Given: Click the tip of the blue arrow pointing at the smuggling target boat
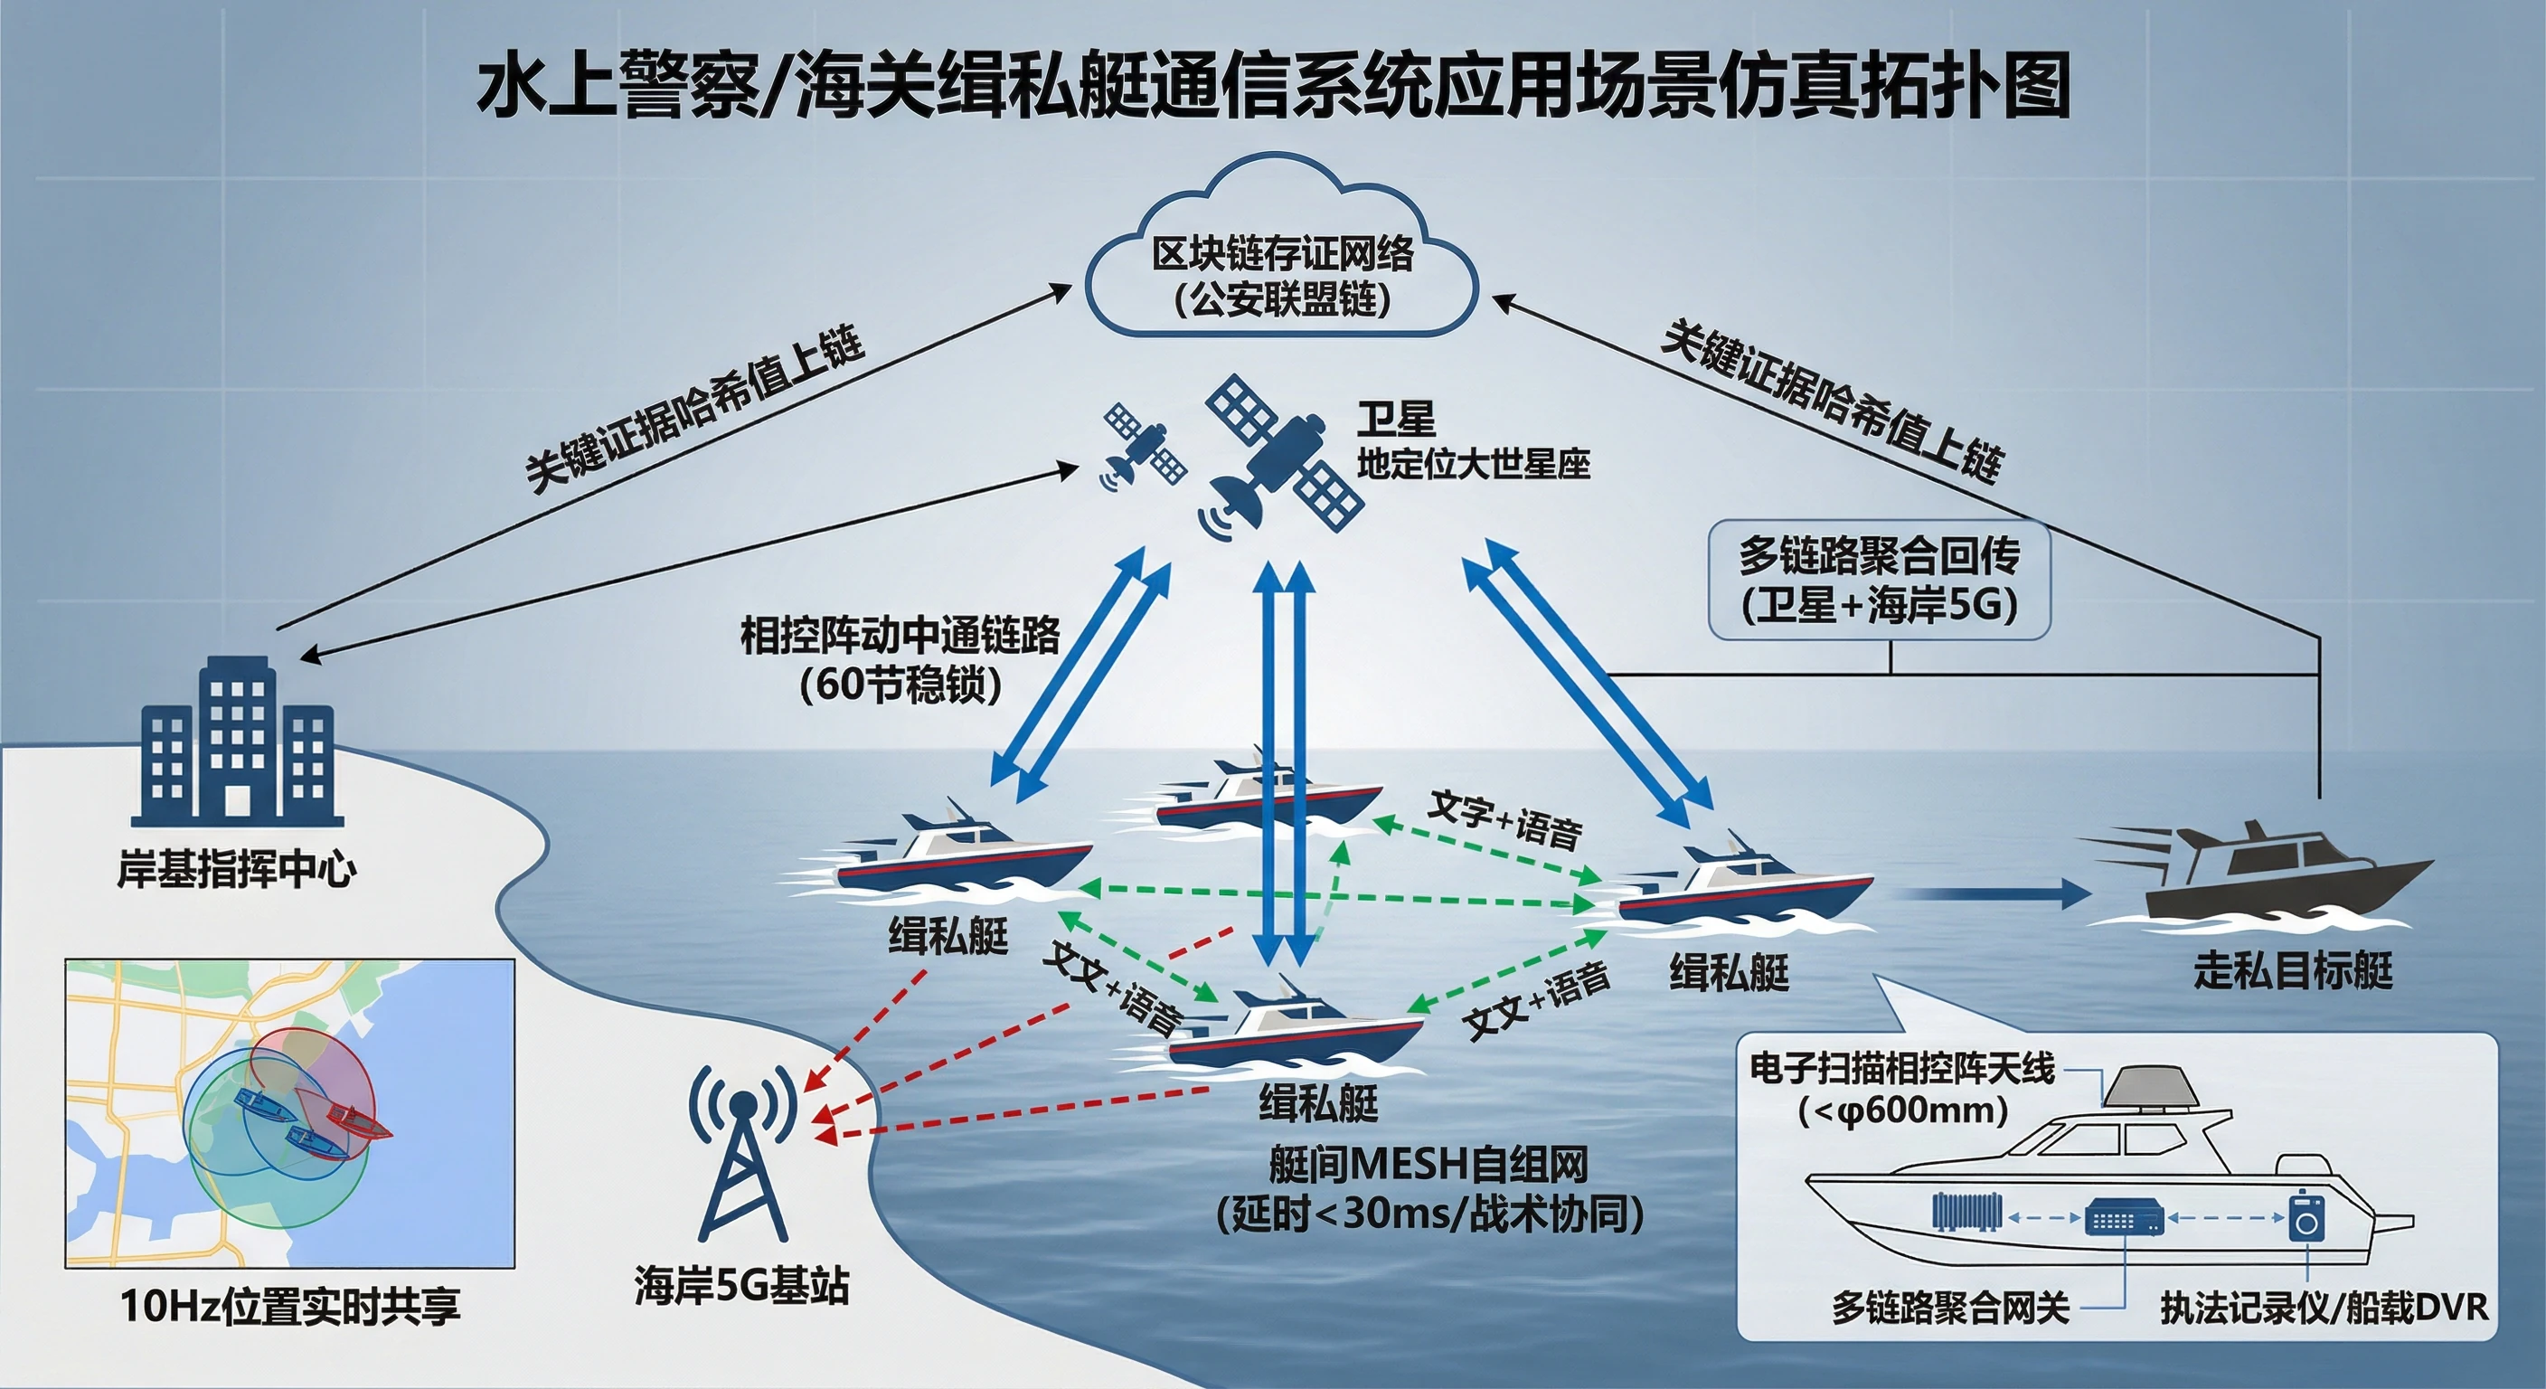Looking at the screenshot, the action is coord(2092,894).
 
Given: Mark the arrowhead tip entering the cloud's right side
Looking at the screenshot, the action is coord(1490,296).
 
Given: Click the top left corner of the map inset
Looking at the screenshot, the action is coord(65,959).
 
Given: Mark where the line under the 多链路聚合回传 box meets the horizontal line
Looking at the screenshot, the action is coord(1891,675).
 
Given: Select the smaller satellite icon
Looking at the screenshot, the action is coord(1144,446).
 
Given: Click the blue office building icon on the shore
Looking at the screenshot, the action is coord(237,741).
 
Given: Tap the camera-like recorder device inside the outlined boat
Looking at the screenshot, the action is coord(2306,1216).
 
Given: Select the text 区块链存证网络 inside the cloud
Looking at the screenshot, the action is coord(1283,254).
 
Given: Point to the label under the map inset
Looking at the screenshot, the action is coord(290,1306).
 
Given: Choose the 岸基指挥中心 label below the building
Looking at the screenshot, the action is coord(237,870).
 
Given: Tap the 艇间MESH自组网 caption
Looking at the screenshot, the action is coord(1429,1165).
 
